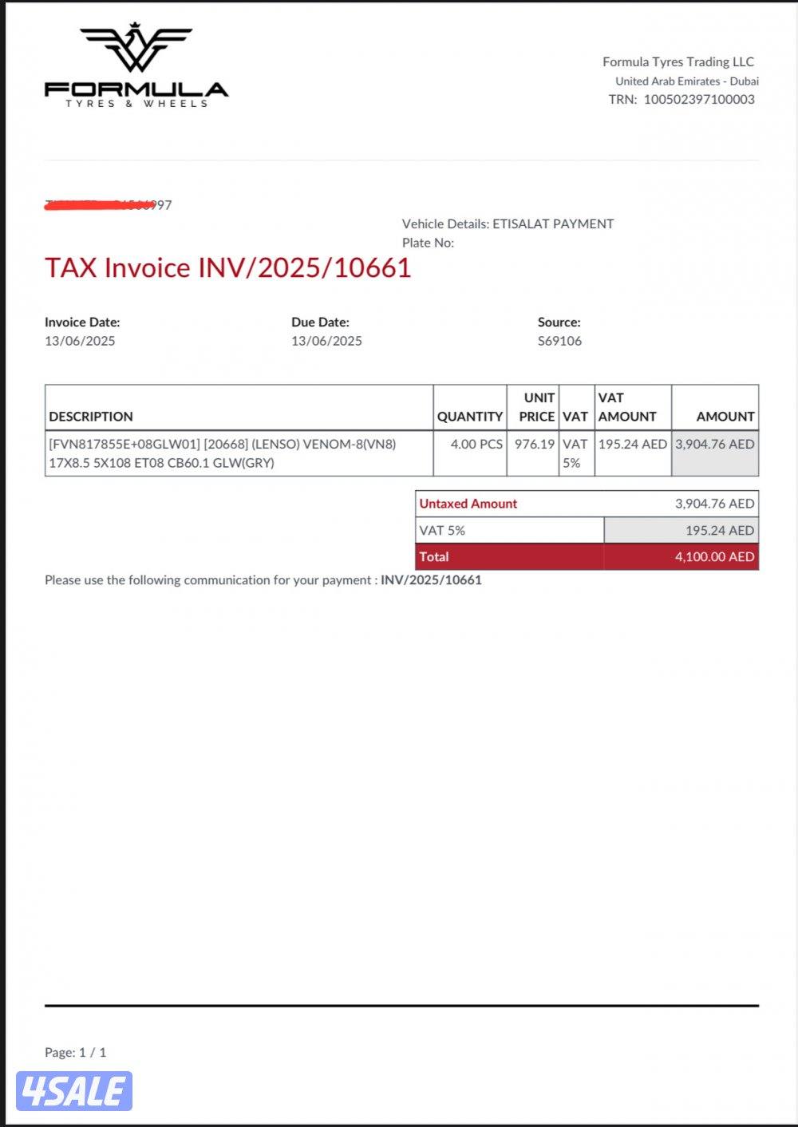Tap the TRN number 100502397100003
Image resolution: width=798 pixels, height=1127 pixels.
[699, 100]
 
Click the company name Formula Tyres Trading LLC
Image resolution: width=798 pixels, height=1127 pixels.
[678, 61]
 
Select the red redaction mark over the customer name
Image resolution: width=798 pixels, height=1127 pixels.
[100, 206]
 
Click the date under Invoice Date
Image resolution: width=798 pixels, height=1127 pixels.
[80, 341]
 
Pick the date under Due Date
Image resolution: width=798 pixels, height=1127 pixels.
[326, 341]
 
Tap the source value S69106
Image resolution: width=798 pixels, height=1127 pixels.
[559, 341]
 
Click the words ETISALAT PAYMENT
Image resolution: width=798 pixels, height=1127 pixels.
[553, 224]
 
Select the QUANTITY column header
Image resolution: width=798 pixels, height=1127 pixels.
[470, 417]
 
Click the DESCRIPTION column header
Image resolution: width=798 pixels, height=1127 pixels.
[91, 417]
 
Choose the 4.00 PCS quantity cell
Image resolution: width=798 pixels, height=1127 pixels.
[476, 445]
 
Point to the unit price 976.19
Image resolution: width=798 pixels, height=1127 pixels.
[535, 445]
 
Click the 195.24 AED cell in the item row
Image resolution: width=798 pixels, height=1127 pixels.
[633, 445]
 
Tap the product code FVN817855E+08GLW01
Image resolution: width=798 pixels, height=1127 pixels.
[124, 445]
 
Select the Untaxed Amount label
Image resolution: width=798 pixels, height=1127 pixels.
[468, 504]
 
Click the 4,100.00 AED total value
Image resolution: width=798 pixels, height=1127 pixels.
[714, 557]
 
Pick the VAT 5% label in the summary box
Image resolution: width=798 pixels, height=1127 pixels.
[442, 531]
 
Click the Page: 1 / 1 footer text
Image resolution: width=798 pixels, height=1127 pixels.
[75, 1053]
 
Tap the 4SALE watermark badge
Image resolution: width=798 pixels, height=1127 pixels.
[74, 1091]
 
